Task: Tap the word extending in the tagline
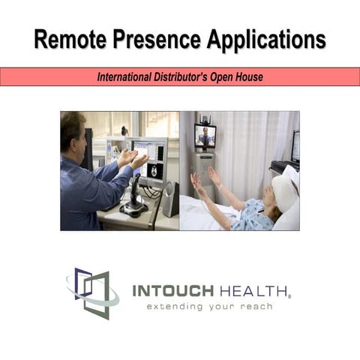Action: pyautogui.click(x=175, y=306)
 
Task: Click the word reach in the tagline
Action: pyautogui.click(x=256, y=306)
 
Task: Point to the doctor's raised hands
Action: pyautogui.click(x=133, y=158)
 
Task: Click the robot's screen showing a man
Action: pyautogui.click(x=205, y=136)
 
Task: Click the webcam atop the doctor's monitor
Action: pyautogui.click(x=124, y=131)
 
